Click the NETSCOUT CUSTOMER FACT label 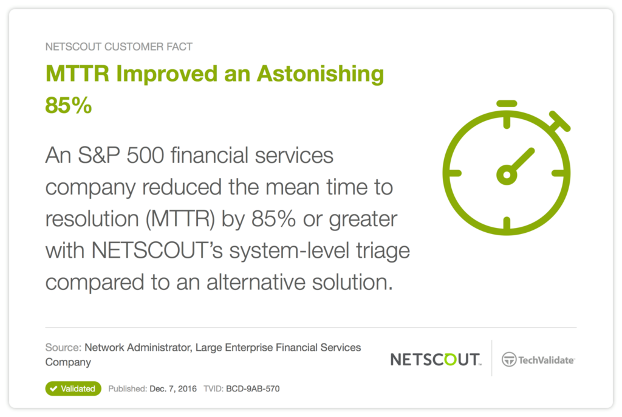118,47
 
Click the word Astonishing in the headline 321,75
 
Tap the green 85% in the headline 69,106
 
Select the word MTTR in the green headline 77,74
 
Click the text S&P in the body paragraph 99,155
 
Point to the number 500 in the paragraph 145,155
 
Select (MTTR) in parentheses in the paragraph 180,219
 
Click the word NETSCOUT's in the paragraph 157,250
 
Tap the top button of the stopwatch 507,104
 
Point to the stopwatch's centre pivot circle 507,174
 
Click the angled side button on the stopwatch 560,121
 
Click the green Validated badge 73,389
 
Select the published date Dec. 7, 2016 173,389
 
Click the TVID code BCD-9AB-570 253,389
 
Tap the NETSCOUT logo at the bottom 436,359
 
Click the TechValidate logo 538,360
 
